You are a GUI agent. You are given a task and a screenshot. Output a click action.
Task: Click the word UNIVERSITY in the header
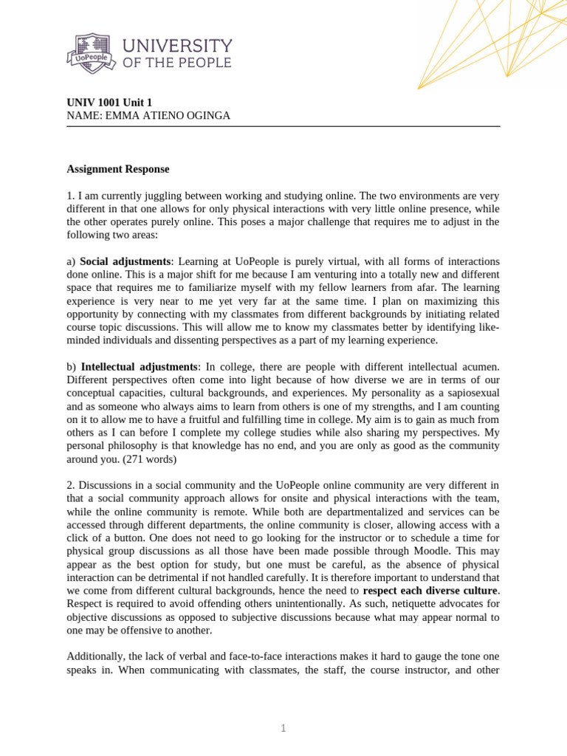177,46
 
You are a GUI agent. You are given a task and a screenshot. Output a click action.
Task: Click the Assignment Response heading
118,169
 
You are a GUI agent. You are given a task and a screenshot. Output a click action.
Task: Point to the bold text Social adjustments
126,261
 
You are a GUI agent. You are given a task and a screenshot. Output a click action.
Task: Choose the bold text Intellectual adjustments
140,366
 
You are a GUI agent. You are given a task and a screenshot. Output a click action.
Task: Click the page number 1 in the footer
283,729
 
